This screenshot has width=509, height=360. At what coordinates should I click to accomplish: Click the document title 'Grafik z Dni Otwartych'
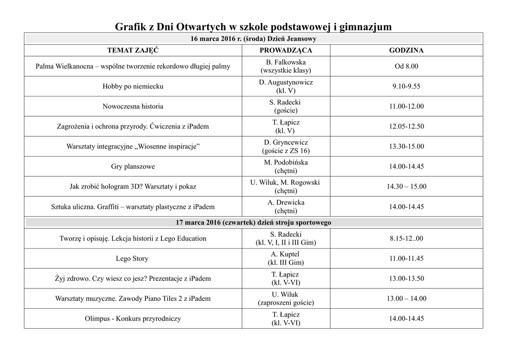254,26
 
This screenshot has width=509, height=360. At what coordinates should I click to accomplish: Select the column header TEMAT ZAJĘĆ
133,51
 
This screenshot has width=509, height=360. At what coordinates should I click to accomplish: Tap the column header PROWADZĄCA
286,51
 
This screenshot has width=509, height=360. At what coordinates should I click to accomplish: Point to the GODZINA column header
406,51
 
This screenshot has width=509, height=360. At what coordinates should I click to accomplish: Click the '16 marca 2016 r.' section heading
254,39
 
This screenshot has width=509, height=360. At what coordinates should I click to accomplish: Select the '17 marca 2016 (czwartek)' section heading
254,222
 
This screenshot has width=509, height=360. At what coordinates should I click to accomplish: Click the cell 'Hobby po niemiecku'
133,87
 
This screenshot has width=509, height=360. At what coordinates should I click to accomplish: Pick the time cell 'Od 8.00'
406,66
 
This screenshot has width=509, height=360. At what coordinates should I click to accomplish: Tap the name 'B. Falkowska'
286,62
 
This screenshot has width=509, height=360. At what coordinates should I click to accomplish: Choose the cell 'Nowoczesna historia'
133,106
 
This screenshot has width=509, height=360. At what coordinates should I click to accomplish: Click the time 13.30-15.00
406,147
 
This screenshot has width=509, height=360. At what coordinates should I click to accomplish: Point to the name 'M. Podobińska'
286,163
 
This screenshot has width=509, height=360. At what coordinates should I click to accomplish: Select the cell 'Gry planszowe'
133,167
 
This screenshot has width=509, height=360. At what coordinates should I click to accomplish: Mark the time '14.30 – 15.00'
406,186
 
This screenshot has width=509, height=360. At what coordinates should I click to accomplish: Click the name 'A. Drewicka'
286,202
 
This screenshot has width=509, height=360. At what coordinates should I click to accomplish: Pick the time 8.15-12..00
406,239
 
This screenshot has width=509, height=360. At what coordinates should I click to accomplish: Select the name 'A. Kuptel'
286,255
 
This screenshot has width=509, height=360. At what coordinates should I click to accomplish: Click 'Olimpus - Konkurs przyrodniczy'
133,319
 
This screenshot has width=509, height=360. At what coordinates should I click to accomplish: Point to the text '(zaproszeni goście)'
286,303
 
